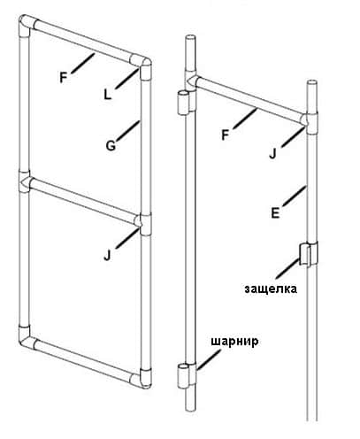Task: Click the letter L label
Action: point(108,95)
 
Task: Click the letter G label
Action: point(111,146)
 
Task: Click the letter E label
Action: point(275,213)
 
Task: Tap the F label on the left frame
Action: point(64,78)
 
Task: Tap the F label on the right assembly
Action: point(225,135)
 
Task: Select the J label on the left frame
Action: point(107,256)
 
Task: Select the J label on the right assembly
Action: point(272,154)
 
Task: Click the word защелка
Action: point(271,289)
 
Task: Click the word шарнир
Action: point(234,342)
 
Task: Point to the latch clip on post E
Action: point(309,254)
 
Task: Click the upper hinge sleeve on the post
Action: point(185,102)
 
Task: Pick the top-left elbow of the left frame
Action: point(27,26)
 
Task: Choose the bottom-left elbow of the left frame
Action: point(26,336)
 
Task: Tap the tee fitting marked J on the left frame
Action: point(143,223)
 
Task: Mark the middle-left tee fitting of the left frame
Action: point(25,181)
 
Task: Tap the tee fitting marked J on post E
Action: point(310,122)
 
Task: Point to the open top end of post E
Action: point(312,82)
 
